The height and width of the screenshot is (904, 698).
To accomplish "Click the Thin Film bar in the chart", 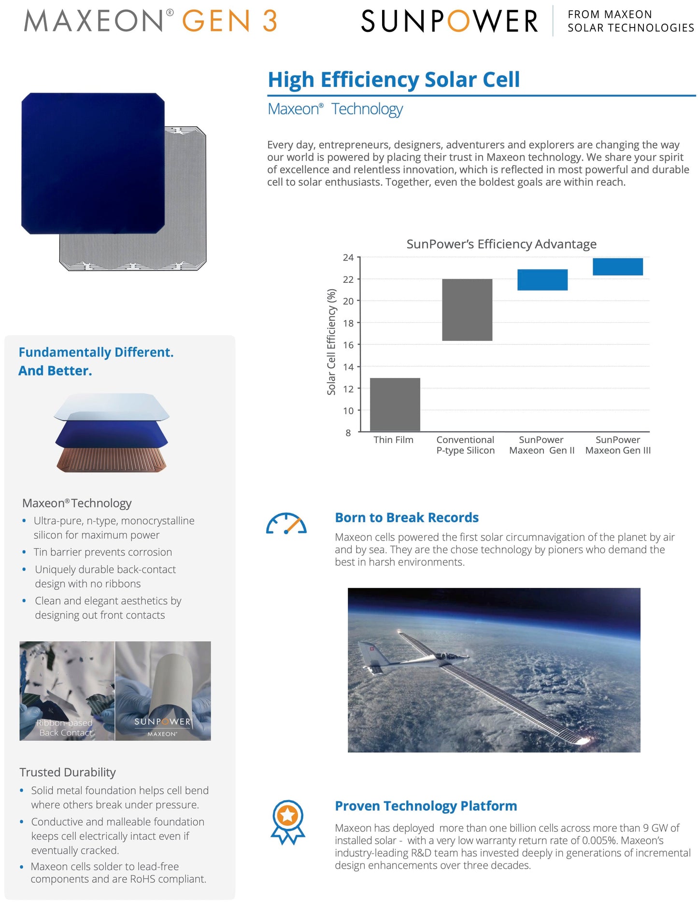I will click(x=395, y=404).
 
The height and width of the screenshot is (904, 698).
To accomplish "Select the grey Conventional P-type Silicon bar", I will click(x=467, y=309).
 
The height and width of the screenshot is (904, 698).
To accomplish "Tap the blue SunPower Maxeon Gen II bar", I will click(x=542, y=279).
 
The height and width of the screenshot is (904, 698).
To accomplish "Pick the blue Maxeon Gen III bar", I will click(x=617, y=266).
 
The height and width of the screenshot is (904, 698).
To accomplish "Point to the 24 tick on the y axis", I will click(x=348, y=258).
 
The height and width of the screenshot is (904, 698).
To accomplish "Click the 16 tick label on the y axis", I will click(x=348, y=345).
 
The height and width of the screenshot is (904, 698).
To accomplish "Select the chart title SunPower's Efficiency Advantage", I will click(x=501, y=244).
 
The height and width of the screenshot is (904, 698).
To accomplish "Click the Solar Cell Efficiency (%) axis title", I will click(x=331, y=342).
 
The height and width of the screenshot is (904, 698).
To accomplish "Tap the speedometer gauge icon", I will click(x=286, y=524).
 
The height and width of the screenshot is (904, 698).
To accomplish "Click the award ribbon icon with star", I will click(x=288, y=821).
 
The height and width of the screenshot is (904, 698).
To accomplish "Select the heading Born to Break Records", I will click(x=407, y=518).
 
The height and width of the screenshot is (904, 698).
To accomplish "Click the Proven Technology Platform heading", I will click(x=426, y=806).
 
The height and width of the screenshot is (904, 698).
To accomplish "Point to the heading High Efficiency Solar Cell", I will click(x=394, y=80).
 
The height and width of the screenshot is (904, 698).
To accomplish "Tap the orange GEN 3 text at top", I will click(x=229, y=21).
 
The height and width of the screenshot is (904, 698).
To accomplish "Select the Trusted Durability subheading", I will click(x=68, y=772).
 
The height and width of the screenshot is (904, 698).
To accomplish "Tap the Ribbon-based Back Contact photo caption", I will click(x=65, y=728).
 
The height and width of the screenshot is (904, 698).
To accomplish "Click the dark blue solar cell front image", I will click(x=93, y=163).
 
